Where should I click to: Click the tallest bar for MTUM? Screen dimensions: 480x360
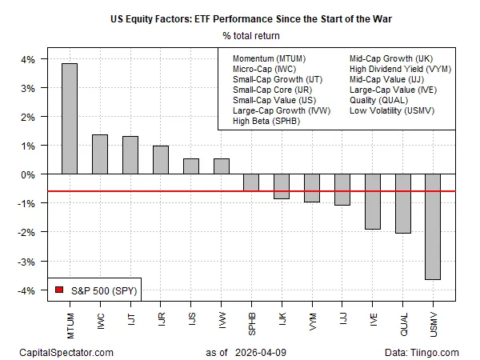tap(70, 118)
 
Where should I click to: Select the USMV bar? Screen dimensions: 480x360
tap(433, 227)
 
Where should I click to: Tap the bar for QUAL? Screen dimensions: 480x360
tap(403, 203)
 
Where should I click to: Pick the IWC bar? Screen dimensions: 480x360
tap(100, 154)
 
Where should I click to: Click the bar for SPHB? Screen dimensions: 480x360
tap(251, 182)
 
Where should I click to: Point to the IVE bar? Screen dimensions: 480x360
tap(373, 202)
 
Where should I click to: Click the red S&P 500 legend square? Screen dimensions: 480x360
tap(59, 290)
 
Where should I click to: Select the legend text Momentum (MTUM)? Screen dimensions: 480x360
tap(269, 58)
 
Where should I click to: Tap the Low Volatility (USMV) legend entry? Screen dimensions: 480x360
tap(392, 110)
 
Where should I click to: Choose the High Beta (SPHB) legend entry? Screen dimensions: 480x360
tap(266, 121)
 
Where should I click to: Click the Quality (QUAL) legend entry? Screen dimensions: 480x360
tap(378, 100)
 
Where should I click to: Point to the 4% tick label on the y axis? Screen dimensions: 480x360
tap(27, 59)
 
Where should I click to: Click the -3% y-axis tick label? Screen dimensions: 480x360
tap(26, 262)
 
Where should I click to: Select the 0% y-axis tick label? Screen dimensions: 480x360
tap(27, 174)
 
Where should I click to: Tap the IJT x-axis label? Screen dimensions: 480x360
tap(131, 319)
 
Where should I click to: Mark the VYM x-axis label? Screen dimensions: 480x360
tap(312, 322)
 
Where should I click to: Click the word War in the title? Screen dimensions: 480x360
tap(382, 19)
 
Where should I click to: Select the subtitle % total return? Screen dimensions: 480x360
tap(251, 36)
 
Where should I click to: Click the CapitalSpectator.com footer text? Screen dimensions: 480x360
tap(66, 353)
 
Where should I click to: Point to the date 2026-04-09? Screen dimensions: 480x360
tap(261, 353)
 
